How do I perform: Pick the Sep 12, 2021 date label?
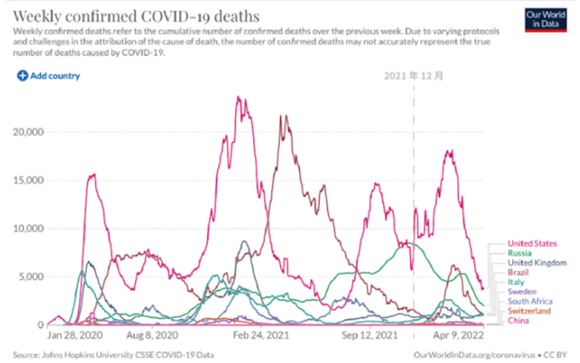[x=368, y=337]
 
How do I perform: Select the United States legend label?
[x=531, y=244]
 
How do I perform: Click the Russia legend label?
[x=519, y=253]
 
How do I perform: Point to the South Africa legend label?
[x=529, y=302]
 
